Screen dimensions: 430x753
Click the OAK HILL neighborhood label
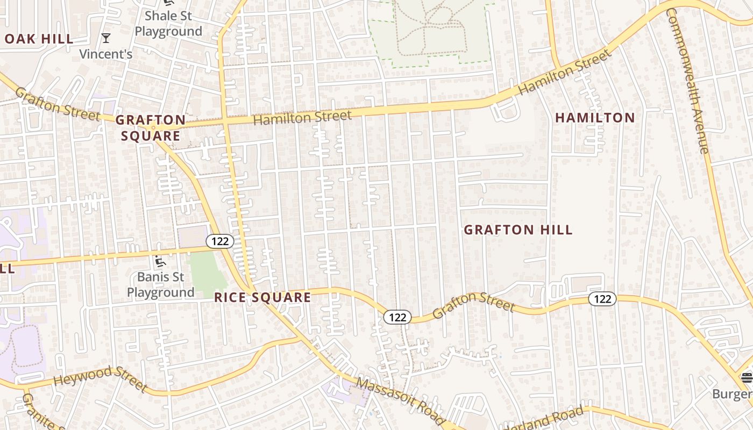(x=39, y=39)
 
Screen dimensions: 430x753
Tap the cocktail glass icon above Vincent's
(x=106, y=38)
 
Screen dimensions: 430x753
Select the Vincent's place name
(x=106, y=54)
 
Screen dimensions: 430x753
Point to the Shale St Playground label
(x=168, y=24)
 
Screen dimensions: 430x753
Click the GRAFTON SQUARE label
(x=151, y=128)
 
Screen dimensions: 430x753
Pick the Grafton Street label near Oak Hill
(x=57, y=104)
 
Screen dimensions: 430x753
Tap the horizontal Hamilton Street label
(x=302, y=117)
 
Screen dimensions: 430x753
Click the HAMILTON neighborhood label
(x=595, y=118)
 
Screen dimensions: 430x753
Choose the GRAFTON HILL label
(x=518, y=230)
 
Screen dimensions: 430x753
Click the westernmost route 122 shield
(x=220, y=241)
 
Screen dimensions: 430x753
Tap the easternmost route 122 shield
(x=602, y=299)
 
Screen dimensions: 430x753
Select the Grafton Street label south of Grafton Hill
(x=473, y=305)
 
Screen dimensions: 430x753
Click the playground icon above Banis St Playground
(x=160, y=262)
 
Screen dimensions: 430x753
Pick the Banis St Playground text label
(x=160, y=285)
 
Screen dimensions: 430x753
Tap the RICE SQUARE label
(x=262, y=298)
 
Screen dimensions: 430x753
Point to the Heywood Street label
(x=100, y=378)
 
